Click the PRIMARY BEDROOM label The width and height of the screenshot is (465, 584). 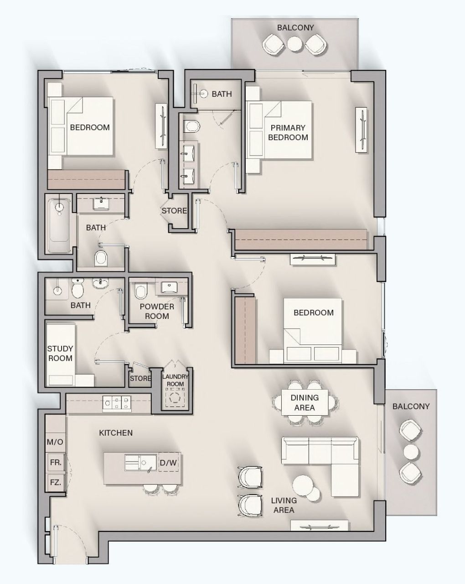pos(288,132)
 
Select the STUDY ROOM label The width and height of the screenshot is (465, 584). pos(60,354)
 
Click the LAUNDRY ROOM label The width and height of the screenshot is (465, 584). pos(175,380)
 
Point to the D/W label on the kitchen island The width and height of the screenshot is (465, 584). pos(168,463)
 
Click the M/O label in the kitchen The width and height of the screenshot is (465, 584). pos(55,442)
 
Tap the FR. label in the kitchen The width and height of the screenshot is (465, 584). pos(55,462)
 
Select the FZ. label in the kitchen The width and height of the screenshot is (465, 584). pos(55,482)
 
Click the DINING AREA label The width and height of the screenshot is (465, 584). pos(305,402)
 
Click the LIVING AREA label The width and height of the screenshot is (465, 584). pos(283,505)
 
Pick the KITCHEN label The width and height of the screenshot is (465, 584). pos(116,433)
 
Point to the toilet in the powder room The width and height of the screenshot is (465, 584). pos(140,291)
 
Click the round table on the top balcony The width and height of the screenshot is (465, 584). pos(294,44)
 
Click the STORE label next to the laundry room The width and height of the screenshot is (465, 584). pos(140,379)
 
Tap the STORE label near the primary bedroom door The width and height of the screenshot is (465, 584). pos(174,211)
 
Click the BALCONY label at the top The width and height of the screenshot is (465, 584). pos(295,28)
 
